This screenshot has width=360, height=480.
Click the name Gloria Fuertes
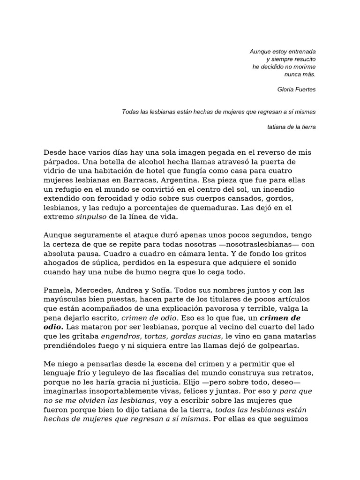296,89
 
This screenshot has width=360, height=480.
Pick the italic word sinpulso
91,217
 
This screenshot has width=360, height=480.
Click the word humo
153,272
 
